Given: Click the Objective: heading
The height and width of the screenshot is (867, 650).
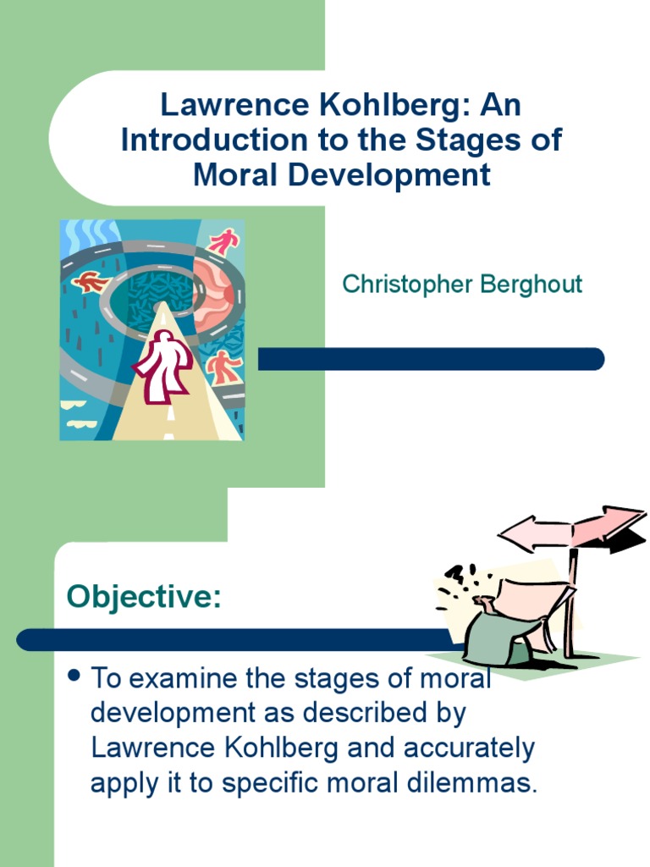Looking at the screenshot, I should (x=144, y=596).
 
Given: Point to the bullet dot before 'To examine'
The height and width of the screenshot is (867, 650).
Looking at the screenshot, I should (x=74, y=676).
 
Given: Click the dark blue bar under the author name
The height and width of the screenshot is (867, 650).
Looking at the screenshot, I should (x=431, y=359).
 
